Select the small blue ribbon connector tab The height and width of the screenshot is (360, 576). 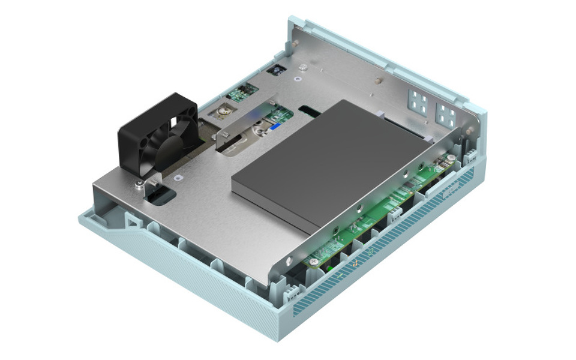[x=271, y=127]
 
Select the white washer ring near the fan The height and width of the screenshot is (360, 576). [x=178, y=178]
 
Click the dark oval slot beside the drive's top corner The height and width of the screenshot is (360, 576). [x=311, y=111]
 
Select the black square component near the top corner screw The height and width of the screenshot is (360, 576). [x=277, y=70]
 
